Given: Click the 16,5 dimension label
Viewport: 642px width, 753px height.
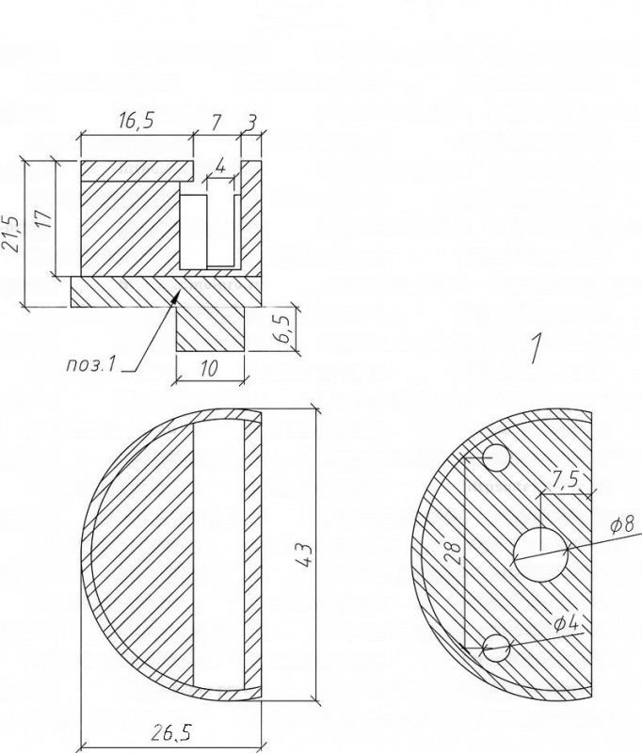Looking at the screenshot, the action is [x=136, y=120].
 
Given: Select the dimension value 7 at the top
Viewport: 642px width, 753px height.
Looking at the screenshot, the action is [x=217, y=123].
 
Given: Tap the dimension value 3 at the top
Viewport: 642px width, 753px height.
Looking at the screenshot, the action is [x=251, y=123].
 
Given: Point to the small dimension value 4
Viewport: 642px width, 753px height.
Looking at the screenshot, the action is [x=220, y=167].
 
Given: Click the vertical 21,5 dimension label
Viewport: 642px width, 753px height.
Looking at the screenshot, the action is [x=10, y=233].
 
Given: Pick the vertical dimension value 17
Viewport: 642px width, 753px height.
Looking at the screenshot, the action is [x=43, y=219].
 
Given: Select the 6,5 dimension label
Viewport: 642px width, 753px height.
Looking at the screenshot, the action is [x=284, y=328].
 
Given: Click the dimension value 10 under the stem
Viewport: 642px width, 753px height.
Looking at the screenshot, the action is [x=209, y=369].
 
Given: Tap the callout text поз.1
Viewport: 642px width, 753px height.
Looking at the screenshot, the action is [x=90, y=365].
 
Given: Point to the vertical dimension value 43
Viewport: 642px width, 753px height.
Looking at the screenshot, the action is [x=306, y=555].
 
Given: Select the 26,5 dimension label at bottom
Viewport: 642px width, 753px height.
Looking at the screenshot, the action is [x=172, y=733].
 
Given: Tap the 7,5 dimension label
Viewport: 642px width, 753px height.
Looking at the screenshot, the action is [x=565, y=479].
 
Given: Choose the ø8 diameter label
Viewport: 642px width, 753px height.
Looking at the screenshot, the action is [x=622, y=524].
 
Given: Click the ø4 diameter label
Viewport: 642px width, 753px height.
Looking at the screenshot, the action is [x=567, y=623].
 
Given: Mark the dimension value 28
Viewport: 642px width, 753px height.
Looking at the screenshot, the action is [x=453, y=553].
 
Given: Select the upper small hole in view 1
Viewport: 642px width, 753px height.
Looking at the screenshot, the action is [x=495, y=457].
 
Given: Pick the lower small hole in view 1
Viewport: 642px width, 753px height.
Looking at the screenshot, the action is [x=495, y=648].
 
